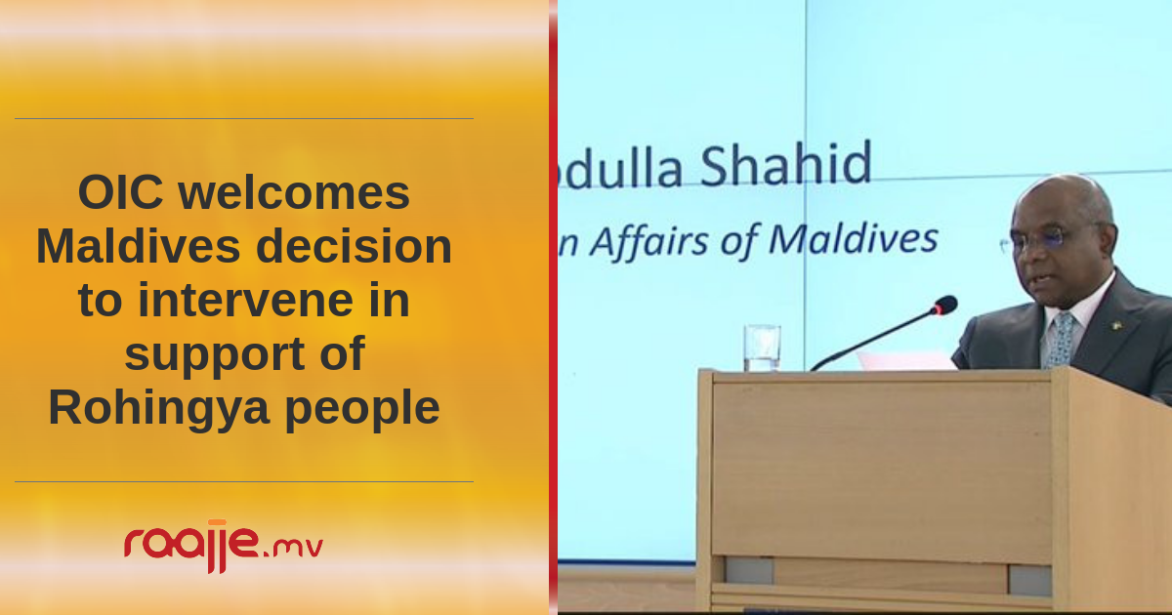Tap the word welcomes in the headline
coord(294,192)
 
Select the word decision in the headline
coord(355,246)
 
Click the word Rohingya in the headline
coord(159,409)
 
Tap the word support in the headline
coord(215,355)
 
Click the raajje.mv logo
coord(224,546)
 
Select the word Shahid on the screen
coord(785,164)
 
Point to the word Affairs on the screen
coord(649,242)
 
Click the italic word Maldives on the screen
coord(854,239)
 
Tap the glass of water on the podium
coord(762,348)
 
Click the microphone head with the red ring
coord(945,306)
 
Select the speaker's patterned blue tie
coord(1060,340)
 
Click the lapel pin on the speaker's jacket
coord(1116,327)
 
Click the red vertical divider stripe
coord(553,307)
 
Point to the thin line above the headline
coord(244,119)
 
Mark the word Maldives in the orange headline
coord(138,246)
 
